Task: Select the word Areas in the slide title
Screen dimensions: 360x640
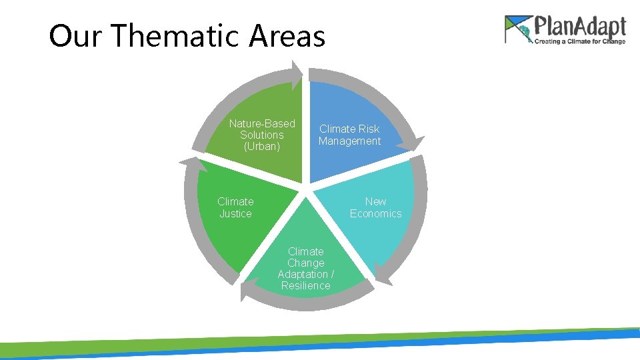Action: [287, 36]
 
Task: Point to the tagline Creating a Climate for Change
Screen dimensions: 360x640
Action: [579, 41]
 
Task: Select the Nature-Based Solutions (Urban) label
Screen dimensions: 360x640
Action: [262, 135]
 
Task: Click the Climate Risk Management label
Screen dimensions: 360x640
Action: [349, 135]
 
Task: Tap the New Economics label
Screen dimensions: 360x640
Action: [375, 207]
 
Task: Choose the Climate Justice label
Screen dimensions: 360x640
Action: [235, 207]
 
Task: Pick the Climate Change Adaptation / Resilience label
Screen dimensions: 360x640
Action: [305, 269]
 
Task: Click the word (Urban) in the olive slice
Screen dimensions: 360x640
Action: [262, 146]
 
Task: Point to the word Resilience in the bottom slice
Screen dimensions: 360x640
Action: [305, 286]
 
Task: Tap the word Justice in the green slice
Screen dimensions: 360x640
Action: [235, 213]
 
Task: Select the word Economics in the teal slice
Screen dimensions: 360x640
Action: [375, 213]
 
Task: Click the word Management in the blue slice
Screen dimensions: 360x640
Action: [349, 141]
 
